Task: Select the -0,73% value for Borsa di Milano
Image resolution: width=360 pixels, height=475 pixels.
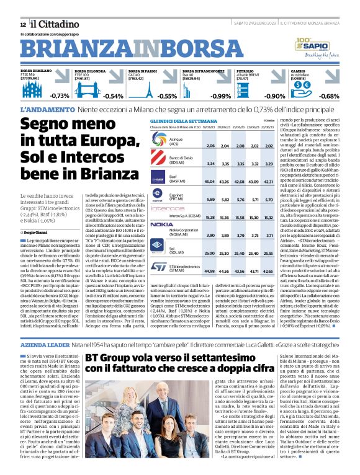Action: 60,96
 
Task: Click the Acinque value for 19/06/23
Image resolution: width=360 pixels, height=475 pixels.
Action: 210,145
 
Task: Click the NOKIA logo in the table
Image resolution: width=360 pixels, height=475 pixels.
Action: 162,224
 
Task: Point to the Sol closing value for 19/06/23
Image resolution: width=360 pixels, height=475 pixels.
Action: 210,254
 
